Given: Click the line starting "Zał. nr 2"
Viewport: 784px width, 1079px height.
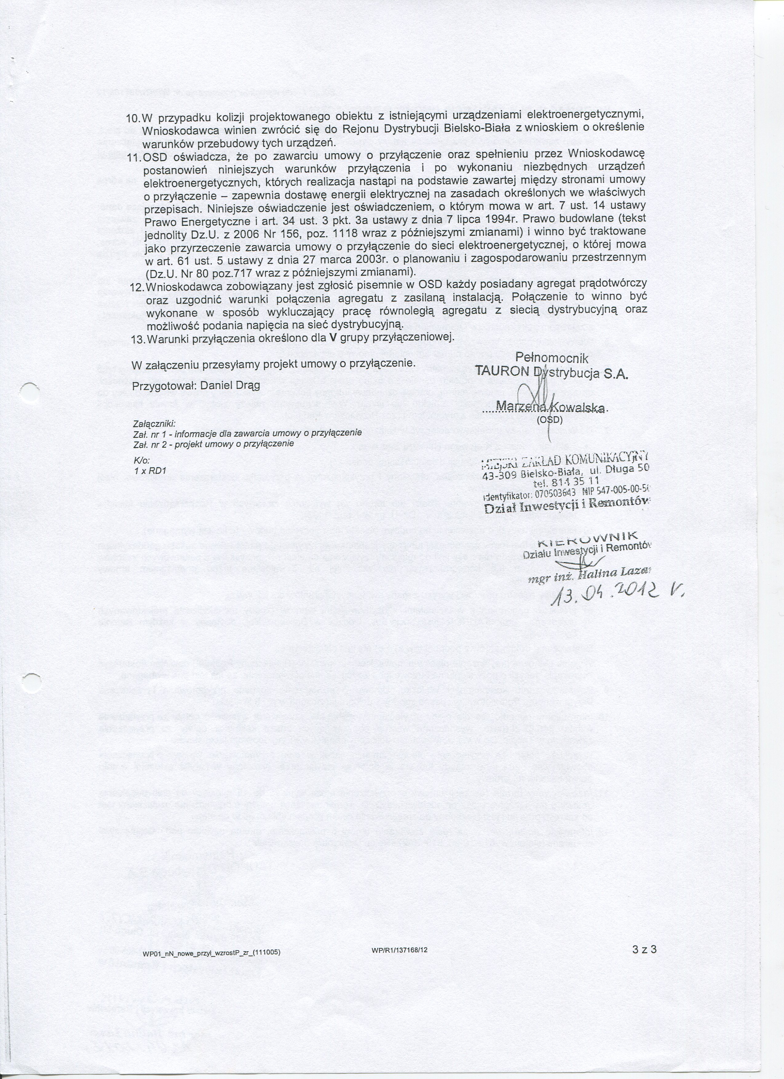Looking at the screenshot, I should pos(214,443).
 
